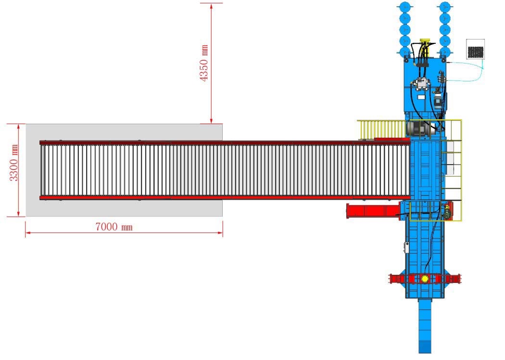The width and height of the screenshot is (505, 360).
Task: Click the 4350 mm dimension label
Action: pos(204,63)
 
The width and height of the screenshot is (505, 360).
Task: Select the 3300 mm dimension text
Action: pos(14,163)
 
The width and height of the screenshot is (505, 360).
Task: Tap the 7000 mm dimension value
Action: pos(114,227)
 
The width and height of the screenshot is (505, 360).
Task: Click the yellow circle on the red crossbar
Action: pos(425,279)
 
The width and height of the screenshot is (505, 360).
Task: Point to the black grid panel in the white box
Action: pos(475,51)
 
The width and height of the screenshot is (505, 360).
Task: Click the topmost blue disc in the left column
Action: pos(405,7)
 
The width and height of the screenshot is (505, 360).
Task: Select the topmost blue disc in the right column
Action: pos(445,7)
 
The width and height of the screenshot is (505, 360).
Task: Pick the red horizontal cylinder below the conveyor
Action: pos(374,211)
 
